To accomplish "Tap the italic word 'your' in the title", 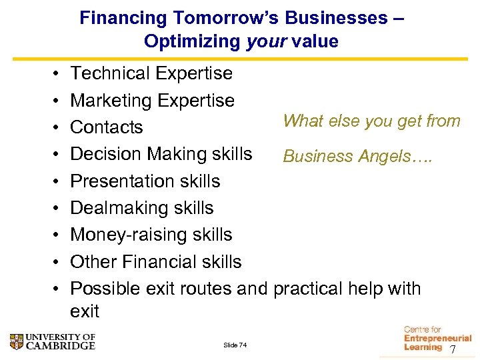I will coord(262,41).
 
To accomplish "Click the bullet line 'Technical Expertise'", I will coord(151,73).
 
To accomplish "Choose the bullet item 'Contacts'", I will coord(107,127).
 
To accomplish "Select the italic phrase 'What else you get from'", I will coord(371,121).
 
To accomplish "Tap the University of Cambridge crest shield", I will coord(17,341).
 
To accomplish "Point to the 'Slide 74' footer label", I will coord(235,345).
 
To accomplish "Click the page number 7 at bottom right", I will coord(453,350).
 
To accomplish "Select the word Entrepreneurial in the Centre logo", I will coord(437,339).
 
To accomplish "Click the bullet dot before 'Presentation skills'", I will coord(56,181).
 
